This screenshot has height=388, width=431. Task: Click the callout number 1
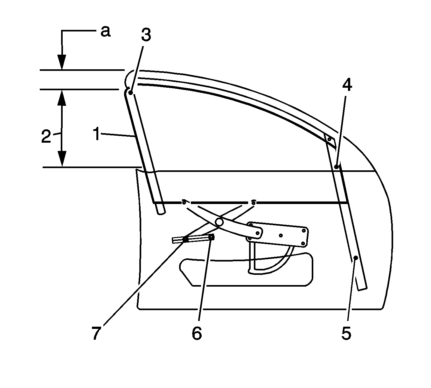click(96, 133)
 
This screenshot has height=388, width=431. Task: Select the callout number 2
click(46, 136)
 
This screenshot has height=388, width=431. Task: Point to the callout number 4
click(347, 85)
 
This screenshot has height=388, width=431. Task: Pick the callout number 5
click(346, 333)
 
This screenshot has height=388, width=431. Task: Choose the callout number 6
click(197, 333)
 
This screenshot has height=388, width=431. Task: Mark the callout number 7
click(96, 333)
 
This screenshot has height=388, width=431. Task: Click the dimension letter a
click(106, 32)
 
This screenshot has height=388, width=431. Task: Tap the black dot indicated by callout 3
click(130, 93)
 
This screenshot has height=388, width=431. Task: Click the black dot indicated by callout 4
click(337, 167)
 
